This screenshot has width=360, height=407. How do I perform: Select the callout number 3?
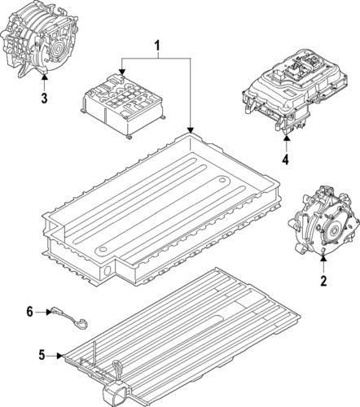tap(44, 98)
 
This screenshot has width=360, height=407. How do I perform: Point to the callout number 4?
tap(285, 160)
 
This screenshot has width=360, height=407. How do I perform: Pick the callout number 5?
tap(42, 355)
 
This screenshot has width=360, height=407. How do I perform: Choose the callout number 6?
tap(29, 311)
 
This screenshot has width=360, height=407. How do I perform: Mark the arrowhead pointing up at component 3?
tap(44, 77)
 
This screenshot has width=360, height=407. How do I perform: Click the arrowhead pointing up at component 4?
tap(285, 138)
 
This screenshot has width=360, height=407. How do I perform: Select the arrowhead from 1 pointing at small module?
tap(122, 74)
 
